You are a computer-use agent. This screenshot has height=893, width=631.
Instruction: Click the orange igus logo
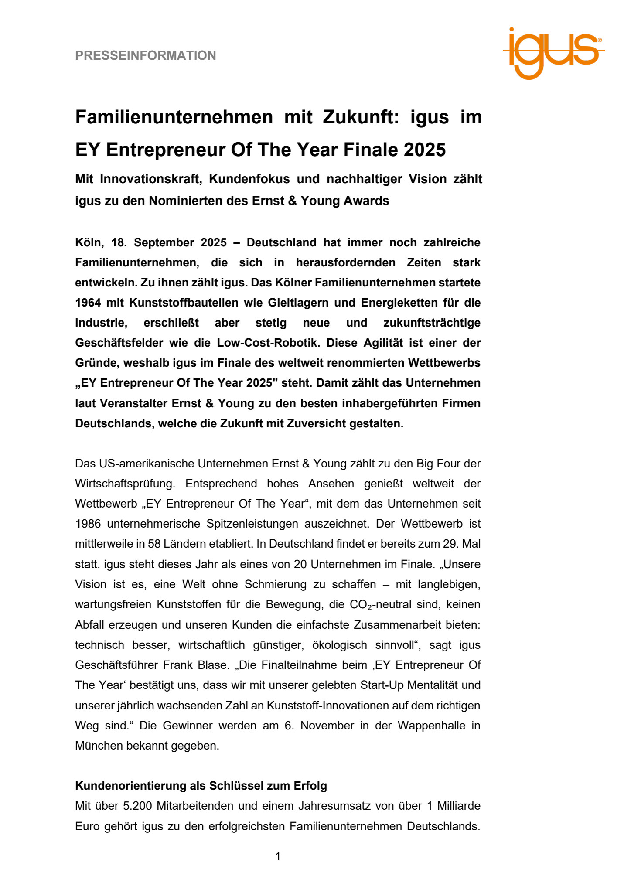pyautogui.click(x=553, y=52)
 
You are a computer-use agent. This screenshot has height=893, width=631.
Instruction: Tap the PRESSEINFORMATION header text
pyautogui.click(x=146, y=55)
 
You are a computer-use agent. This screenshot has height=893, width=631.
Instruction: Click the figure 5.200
pyautogui.click(x=137, y=806)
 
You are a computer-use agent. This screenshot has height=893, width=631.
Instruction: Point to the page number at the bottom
pyautogui.click(x=278, y=856)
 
